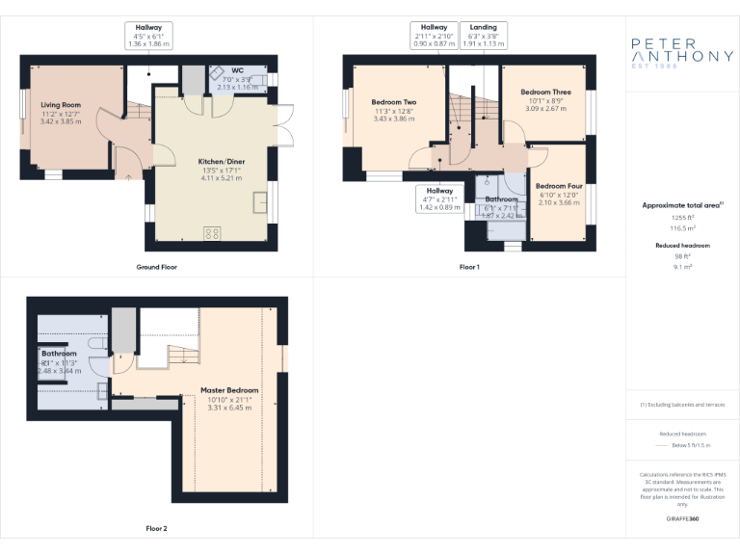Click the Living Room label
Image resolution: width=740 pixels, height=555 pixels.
point(60,104)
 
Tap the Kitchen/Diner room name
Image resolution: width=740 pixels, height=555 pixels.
point(221,161)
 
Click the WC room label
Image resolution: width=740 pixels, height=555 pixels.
point(236,70)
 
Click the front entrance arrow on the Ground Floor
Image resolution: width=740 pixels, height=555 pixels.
point(129,176)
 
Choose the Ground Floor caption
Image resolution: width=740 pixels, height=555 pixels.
point(155,266)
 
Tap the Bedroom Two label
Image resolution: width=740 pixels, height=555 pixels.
point(393,102)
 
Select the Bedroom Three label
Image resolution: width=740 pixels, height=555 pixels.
point(545,92)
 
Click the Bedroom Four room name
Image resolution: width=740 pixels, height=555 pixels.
point(559,186)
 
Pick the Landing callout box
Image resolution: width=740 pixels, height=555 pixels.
point(483,35)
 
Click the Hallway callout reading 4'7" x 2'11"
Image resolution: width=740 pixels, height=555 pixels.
point(439,198)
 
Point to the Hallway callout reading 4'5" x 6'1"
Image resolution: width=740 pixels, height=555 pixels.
point(148,35)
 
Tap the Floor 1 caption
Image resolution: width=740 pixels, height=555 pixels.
point(468,266)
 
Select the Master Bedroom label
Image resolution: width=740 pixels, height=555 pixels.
point(229,390)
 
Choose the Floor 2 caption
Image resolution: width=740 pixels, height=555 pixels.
point(156,528)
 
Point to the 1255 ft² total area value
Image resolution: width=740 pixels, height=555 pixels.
point(682,219)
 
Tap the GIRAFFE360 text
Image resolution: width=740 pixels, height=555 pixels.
point(682,518)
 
